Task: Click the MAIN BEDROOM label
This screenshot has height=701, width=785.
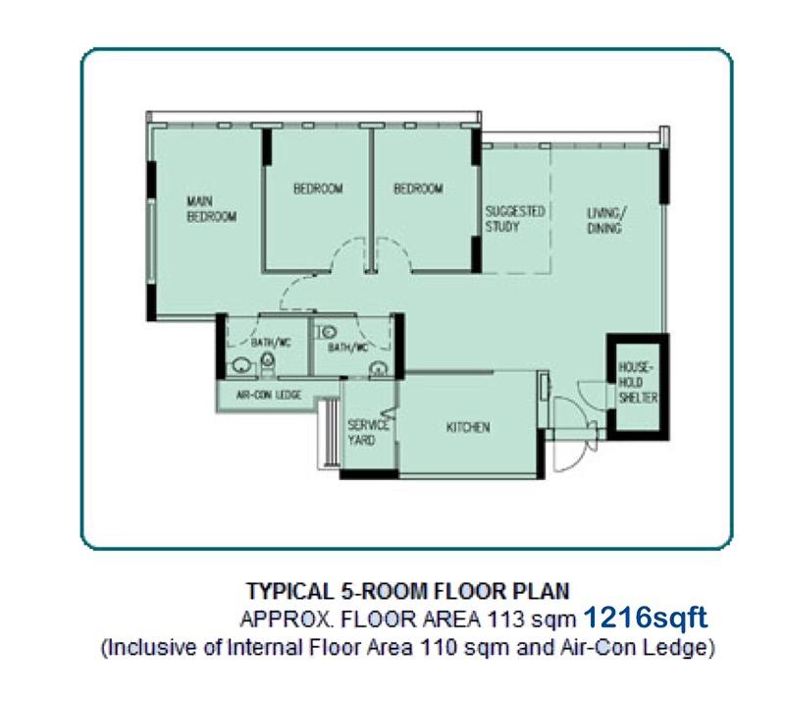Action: click(211, 210)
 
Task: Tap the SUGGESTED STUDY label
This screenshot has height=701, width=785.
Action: click(515, 219)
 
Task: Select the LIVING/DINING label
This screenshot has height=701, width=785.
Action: click(605, 219)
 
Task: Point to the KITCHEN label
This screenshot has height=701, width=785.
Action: click(468, 428)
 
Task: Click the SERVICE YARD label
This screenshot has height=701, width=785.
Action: click(368, 431)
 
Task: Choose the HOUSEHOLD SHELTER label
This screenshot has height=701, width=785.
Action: click(637, 381)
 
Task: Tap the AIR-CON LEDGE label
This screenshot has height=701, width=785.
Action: click(269, 396)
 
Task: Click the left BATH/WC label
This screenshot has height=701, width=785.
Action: click(271, 343)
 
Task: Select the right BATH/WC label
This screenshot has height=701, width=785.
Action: click(347, 348)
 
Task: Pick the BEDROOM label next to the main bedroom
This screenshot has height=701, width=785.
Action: click(318, 189)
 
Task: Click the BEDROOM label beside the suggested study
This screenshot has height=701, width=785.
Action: click(418, 189)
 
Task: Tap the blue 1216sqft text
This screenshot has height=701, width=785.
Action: click(645, 619)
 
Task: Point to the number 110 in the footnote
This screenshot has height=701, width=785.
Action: click(440, 648)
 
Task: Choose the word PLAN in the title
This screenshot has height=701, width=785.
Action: click(545, 592)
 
